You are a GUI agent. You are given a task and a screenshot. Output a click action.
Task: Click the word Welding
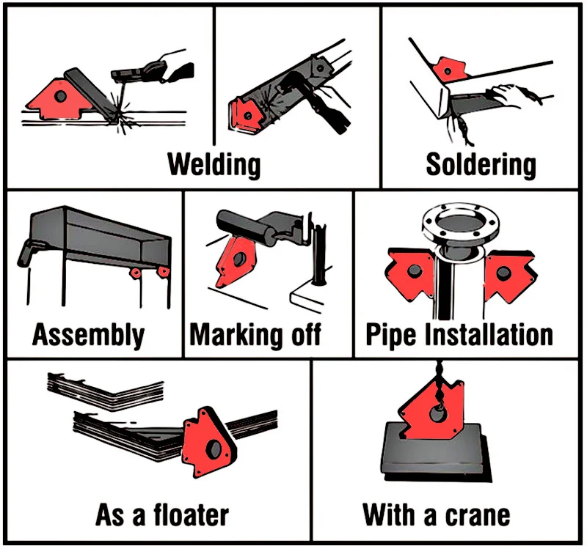(x=214, y=165)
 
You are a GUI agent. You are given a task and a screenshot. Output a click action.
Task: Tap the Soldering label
(x=481, y=165)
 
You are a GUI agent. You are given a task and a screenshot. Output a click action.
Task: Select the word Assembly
(x=88, y=335)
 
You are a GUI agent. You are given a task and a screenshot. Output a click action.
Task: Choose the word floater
(x=192, y=515)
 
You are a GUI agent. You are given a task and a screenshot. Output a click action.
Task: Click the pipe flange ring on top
(x=460, y=224)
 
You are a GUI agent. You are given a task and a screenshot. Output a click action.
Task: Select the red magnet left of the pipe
(x=410, y=273)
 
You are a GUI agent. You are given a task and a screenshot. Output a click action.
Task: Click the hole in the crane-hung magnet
(x=437, y=414)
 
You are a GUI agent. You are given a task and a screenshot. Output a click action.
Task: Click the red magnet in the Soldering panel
(x=449, y=70)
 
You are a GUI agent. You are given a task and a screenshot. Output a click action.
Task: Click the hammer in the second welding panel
(x=315, y=99)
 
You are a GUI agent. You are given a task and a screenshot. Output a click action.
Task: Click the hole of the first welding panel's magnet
(x=60, y=96)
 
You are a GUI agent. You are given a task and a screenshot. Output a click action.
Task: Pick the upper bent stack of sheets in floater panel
(x=106, y=391)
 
